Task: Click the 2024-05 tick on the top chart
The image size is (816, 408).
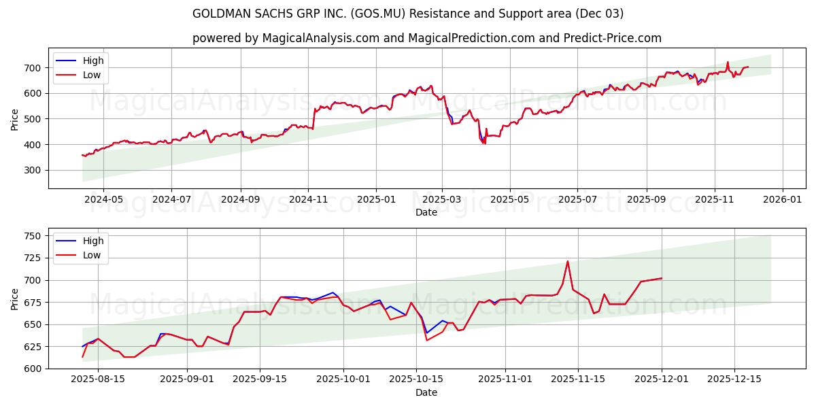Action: [x=103, y=200]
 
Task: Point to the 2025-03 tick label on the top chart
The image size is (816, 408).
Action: [x=443, y=200]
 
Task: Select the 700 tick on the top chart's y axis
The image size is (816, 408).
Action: [x=34, y=68]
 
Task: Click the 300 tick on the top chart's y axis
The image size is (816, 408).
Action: [x=34, y=171]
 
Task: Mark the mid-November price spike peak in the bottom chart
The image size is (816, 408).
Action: [x=568, y=261]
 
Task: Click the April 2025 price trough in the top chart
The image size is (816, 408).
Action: [x=484, y=143]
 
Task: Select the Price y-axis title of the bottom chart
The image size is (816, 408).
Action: [x=15, y=299]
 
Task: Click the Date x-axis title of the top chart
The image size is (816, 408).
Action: [x=426, y=212]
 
